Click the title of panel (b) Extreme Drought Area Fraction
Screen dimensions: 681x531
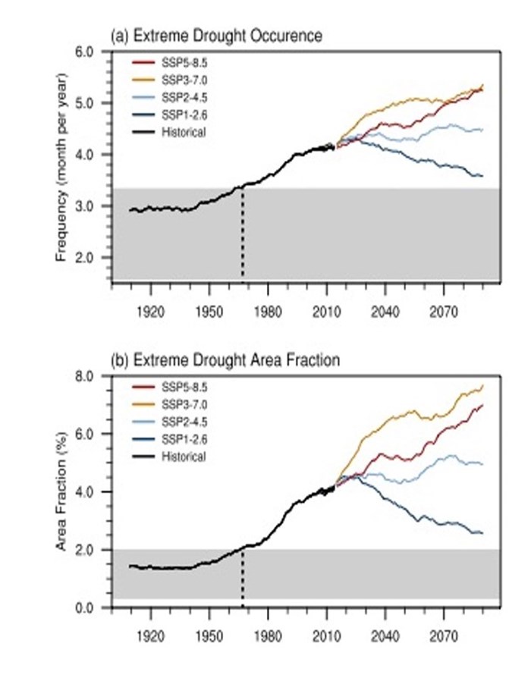click(225, 360)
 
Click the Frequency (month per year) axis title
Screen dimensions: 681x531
click(62, 168)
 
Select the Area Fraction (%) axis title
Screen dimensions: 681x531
click(62, 491)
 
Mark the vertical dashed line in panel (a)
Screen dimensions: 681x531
click(243, 235)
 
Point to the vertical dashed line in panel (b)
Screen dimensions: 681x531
click(243, 576)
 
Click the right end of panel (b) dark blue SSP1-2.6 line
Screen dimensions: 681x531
click(482, 532)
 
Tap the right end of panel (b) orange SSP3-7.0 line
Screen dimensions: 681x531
click(482, 386)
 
